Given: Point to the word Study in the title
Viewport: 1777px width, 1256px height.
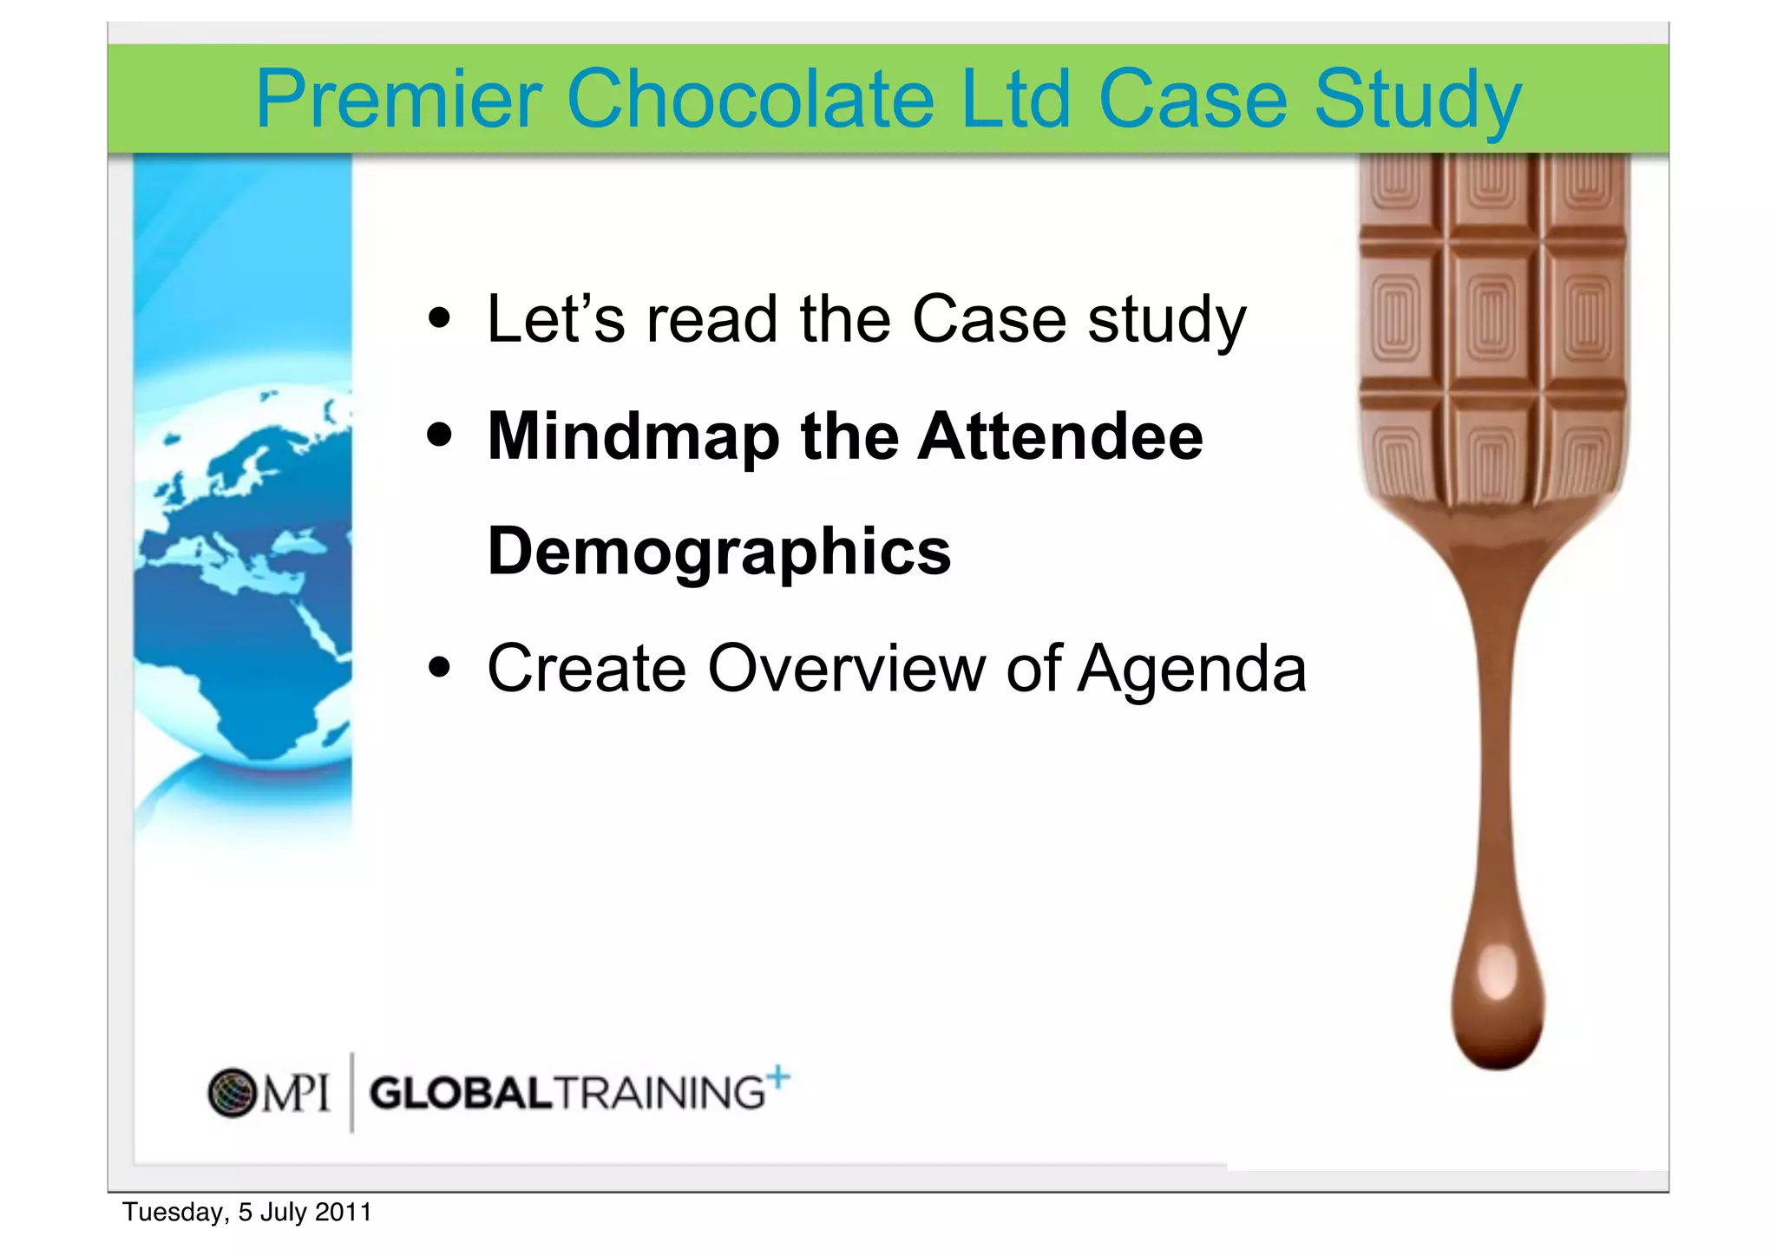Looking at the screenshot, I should coord(1418,102).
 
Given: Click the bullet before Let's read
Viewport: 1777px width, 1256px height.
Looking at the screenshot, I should coord(440,318).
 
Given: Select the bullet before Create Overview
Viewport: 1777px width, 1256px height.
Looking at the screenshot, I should coord(440,668).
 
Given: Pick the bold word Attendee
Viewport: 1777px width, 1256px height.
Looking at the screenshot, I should coord(1060,436).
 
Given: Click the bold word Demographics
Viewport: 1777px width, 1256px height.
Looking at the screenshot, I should coord(719,553).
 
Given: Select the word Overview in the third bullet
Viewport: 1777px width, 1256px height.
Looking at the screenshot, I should coord(847,669).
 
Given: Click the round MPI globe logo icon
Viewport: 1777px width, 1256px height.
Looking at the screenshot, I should coord(233,1092).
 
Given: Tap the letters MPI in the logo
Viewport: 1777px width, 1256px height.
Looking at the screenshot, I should coord(297,1092).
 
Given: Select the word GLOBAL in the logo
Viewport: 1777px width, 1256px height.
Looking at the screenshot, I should coord(461,1093).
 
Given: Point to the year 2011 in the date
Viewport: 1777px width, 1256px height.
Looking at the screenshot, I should coord(344,1212).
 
